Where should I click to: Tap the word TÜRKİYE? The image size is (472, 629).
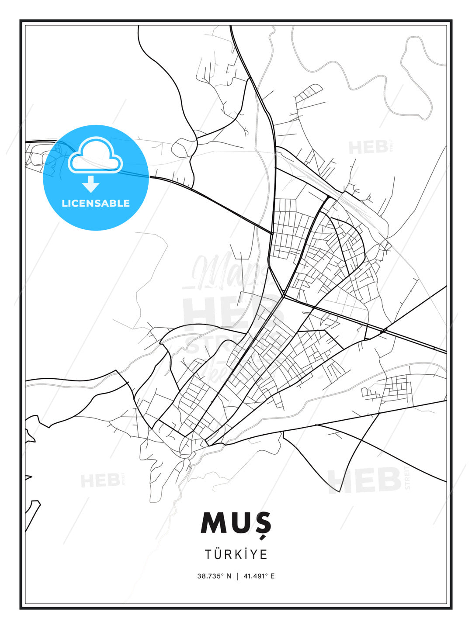tap(236, 554)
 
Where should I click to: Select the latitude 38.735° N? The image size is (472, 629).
tap(214, 576)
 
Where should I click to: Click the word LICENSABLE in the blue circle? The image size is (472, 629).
tap(96, 203)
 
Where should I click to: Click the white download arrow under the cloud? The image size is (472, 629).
tap(91, 184)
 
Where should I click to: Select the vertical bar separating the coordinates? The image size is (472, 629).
tap(237, 576)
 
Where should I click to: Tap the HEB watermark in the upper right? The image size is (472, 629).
tap(368, 147)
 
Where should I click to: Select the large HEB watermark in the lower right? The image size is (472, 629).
tap(365, 480)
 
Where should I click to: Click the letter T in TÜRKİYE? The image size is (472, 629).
tap(208, 554)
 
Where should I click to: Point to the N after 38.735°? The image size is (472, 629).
tap(228, 576)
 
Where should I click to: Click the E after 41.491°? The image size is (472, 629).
tap(272, 576)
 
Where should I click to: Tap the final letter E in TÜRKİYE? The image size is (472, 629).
tap(264, 554)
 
